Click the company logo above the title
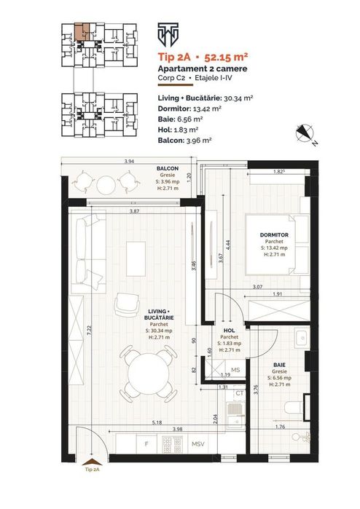pos(168,35)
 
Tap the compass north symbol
pos(305,134)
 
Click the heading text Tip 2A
pos(171,57)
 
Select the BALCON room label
pos(168,168)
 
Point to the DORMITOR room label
pos(274,234)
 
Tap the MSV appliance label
pos(198,443)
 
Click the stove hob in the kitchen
pos(172,444)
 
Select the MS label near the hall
pos(235,370)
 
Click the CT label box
pos(240,394)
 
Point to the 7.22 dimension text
pos(90,331)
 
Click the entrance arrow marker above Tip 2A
pos(92,462)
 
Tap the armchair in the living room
pos(127,304)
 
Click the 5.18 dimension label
pos(157,422)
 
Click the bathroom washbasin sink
pos(302,339)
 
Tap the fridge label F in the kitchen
pos(146,443)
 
